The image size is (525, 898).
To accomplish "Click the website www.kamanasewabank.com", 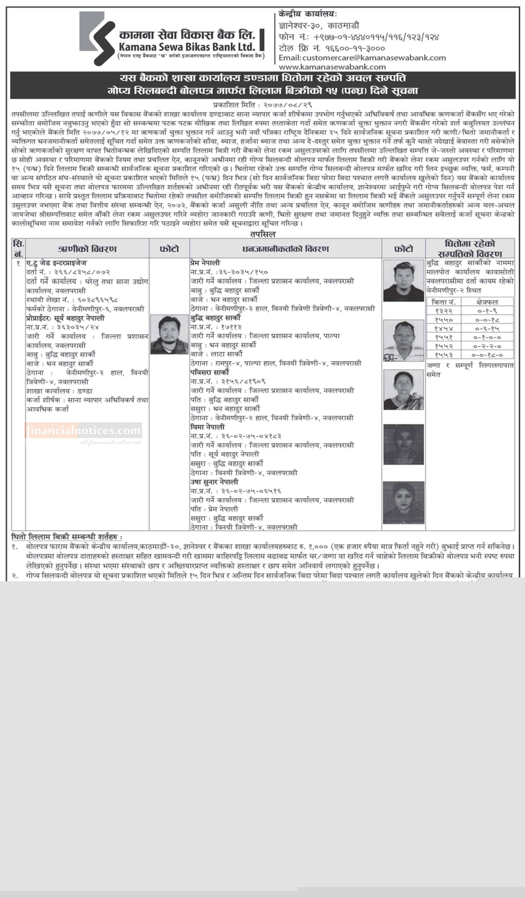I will point(332,67).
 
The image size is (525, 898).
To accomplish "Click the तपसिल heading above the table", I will point(263,234).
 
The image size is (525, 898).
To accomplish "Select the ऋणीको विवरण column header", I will point(87,249).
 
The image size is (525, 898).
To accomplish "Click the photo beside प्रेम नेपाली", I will point(403,280).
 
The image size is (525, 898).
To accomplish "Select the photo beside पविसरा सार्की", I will point(403,389).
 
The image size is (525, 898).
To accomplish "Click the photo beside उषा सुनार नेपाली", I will point(403,502).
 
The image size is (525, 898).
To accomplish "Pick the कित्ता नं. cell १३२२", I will point(443,311).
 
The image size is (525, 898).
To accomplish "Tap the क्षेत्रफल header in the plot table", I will point(487,302).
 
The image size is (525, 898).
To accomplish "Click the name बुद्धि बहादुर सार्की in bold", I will point(215,317).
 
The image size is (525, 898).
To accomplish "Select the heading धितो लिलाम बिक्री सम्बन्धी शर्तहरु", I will point(67,537).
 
